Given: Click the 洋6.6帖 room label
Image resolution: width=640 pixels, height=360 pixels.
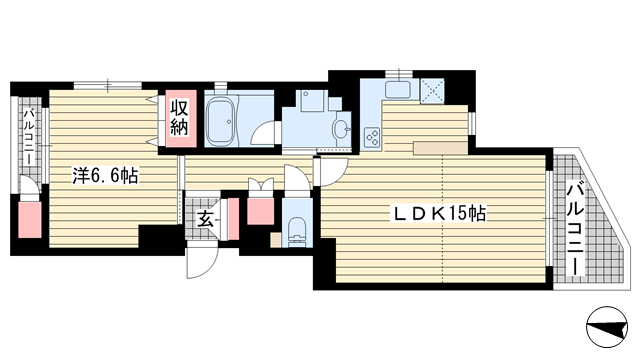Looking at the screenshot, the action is click(105, 176).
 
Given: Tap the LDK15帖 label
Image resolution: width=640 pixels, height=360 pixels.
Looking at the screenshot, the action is click(439, 213).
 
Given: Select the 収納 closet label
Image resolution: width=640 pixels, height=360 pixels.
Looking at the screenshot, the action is click(179, 118).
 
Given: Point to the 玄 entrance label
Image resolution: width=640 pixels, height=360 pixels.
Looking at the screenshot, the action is click(205, 220).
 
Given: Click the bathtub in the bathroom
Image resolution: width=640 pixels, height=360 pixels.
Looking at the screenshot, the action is click(221, 122).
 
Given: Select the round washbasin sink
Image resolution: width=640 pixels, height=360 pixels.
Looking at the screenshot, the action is click(341, 130).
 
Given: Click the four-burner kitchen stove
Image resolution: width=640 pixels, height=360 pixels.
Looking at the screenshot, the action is click(372, 137).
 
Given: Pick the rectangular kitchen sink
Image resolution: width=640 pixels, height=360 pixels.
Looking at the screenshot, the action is click(398, 89).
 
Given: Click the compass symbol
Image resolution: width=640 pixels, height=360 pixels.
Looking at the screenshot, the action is click(607, 327).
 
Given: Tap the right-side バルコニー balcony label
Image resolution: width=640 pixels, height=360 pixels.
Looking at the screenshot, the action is click(576, 229).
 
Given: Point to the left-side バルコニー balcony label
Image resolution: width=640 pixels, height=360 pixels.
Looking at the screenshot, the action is click(29, 136).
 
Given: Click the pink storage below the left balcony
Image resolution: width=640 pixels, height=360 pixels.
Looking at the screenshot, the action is click(30, 219).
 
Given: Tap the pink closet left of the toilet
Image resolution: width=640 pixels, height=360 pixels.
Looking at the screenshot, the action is click(260, 211).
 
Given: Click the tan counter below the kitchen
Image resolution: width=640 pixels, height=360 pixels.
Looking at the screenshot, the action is click(440, 148).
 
